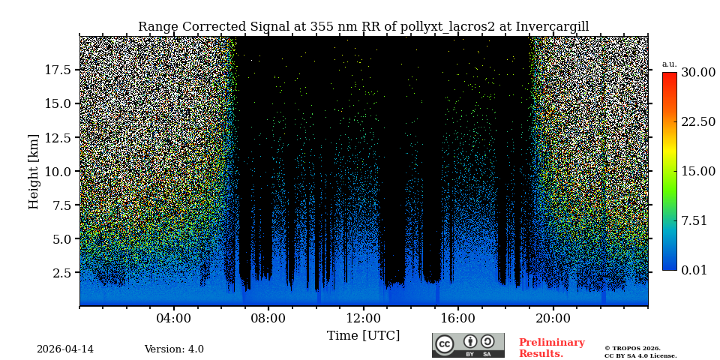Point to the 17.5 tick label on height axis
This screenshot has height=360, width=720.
pyautogui.click(x=58, y=70)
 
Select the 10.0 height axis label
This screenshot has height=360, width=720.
pyautogui.click(x=58, y=171)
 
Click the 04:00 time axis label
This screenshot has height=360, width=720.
pyautogui.click(x=173, y=318)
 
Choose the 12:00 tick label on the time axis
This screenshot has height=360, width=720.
pyautogui.click(x=363, y=318)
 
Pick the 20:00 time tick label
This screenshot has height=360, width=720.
pyautogui.click(x=553, y=318)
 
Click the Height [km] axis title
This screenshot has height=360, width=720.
pyautogui.click(x=34, y=171)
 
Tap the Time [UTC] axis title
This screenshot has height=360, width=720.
pyautogui.click(x=363, y=335)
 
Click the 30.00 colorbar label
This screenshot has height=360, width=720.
pyautogui.click(x=697, y=72)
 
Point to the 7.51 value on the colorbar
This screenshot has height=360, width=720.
pyautogui.click(x=694, y=220)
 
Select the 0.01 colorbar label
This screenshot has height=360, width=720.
pyautogui.click(x=694, y=270)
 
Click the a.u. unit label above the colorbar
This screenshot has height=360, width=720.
pyautogui.click(x=669, y=64)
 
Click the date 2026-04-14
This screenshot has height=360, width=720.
pyautogui.click(x=65, y=349)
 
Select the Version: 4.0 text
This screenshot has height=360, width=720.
pyautogui.click(x=174, y=349)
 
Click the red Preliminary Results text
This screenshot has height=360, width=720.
pyautogui.click(x=551, y=348)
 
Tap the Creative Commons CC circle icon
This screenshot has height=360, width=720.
pyautogui.click(x=445, y=344)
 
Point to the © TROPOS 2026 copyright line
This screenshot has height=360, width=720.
pyautogui.click(x=632, y=349)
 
